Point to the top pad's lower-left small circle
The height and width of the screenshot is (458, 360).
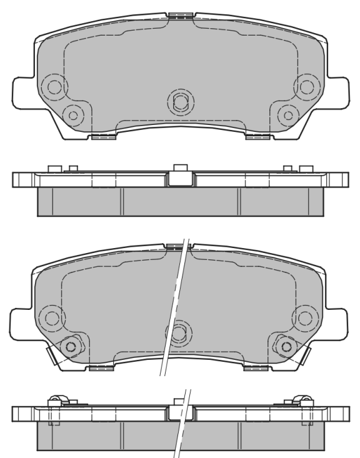(74, 114)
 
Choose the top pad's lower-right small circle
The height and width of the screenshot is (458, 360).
(287, 114)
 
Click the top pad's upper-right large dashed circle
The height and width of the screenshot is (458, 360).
(306, 86)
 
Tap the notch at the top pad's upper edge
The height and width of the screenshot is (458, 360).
(180, 14)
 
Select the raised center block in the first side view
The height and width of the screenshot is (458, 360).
(180, 177)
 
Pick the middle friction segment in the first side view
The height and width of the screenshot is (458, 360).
(180, 201)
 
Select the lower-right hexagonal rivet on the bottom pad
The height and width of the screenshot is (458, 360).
(287, 345)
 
